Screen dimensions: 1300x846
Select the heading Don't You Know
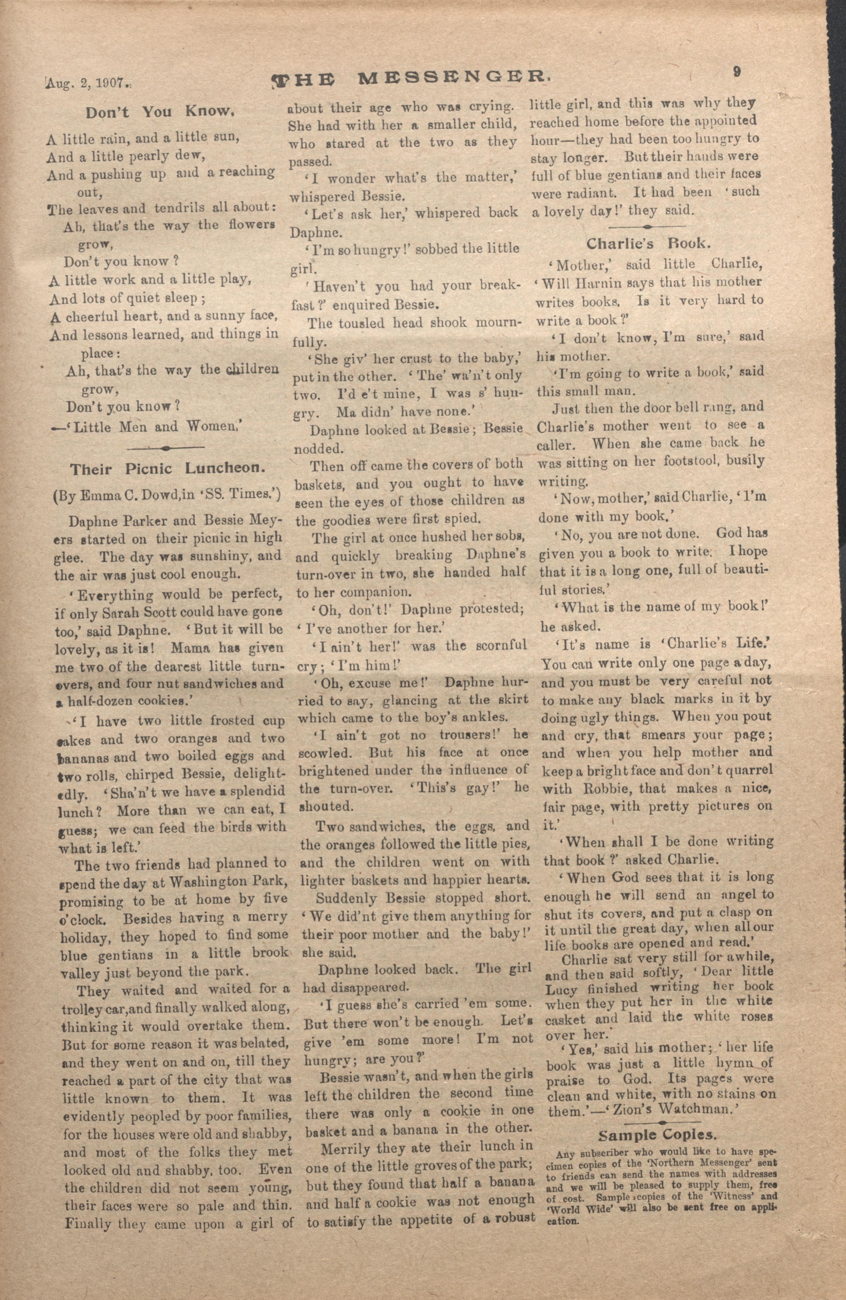[160, 112]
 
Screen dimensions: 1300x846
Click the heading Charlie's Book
[648, 243]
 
